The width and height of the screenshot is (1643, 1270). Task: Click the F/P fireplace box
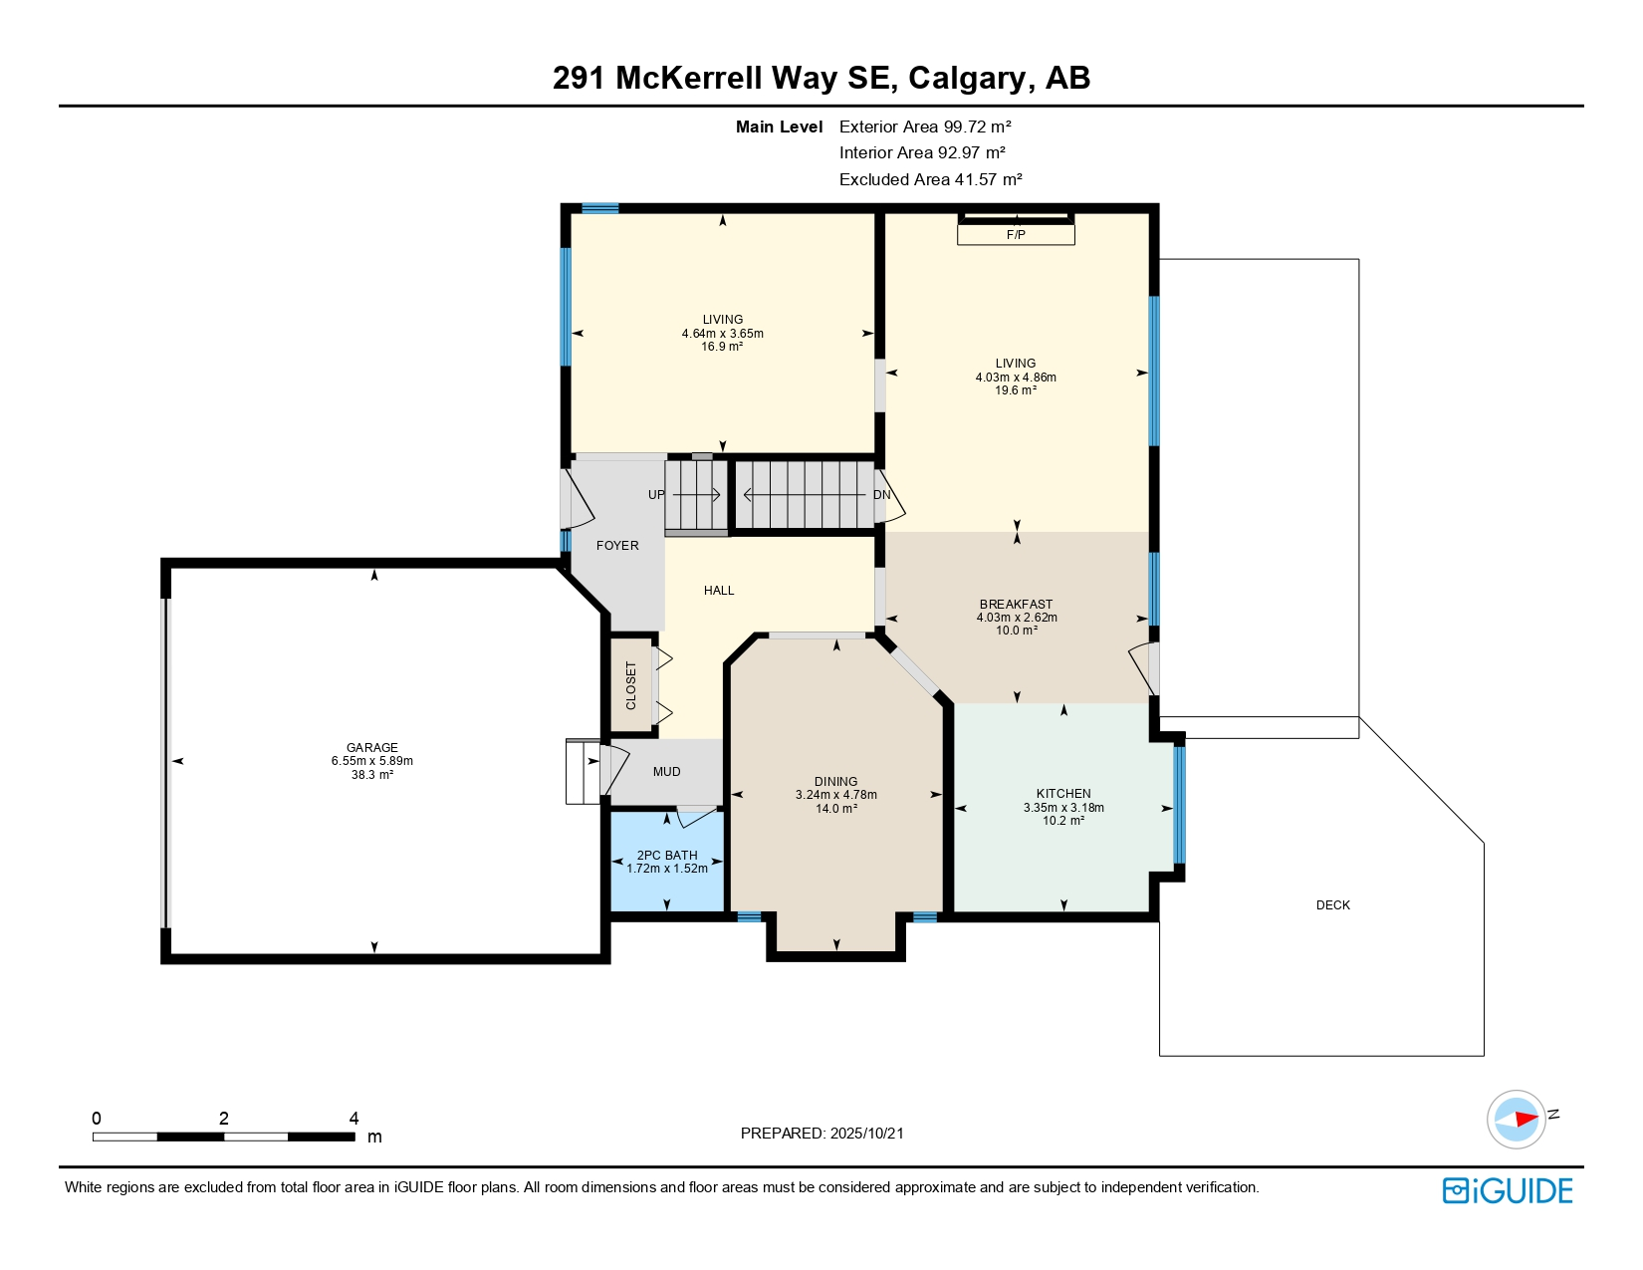click(x=1016, y=235)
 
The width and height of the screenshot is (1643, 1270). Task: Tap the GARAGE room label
click(x=372, y=747)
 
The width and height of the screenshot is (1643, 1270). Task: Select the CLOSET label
click(x=631, y=685)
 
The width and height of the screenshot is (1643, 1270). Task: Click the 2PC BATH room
click(x=667, y=861)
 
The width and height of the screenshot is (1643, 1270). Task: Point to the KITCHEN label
click(x=1063, y=794)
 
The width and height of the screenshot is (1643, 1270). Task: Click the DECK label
click(x=1332, y=905)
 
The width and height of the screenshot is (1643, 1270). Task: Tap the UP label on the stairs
click(x=656, y=495)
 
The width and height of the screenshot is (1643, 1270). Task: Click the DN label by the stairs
click(x=881, y=495)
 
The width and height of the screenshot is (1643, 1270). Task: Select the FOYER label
click(x=617, y=546)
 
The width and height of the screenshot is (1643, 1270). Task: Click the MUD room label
click(x=667, y=772)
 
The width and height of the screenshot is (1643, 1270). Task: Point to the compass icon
click(x=1517, y=1119)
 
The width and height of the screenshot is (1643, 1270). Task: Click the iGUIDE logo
click(x=1508, y=1190)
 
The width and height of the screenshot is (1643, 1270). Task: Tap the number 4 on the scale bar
click(x=353, y=1119)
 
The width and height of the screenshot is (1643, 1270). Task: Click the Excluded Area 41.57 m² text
click(x=930, y=179)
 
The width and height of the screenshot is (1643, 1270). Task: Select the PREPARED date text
click(x=822, y=1134)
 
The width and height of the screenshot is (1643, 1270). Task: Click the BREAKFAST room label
click(x=1016, y=605)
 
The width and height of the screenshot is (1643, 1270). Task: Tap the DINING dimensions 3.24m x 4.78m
click(x=836, y=795)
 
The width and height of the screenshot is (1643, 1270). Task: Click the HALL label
click(x=719, y=591)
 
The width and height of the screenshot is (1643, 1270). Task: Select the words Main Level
click(x=779, y=127)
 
